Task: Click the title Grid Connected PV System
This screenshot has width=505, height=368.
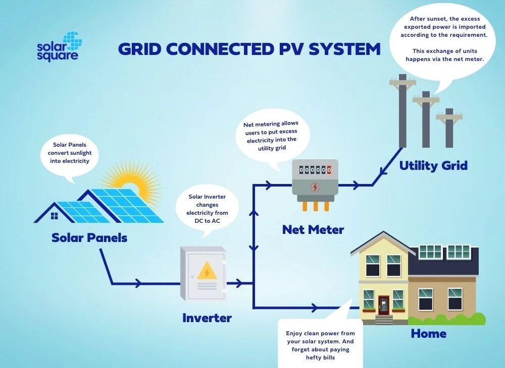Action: [249, 49]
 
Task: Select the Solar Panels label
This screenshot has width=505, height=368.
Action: [89, 237]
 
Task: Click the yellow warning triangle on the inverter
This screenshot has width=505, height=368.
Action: [206, 272]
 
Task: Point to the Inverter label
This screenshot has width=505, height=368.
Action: [207, 318]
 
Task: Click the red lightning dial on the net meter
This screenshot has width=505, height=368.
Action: [315, 187]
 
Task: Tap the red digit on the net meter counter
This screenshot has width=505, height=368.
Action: [329, 170]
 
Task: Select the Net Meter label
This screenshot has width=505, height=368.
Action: [313, 230]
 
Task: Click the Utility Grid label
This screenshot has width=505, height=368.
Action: [433, 165]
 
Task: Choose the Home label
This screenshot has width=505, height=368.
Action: [428, 333]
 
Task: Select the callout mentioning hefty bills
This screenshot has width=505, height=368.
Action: [320, 344]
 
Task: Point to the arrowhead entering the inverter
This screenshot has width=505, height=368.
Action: [137, 284]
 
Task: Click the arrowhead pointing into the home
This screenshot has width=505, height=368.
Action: [317, 307]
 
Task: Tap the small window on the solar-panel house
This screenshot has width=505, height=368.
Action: [55, 216]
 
